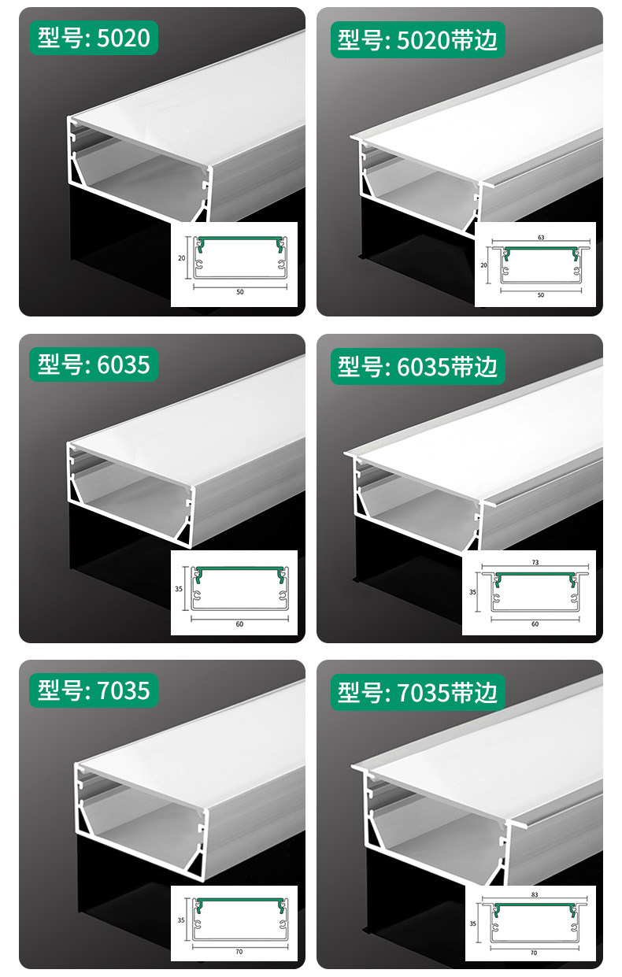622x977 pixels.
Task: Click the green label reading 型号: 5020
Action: pos(94,38)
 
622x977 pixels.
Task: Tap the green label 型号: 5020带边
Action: pos(418,39)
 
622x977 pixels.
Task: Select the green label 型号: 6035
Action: pos(94,365)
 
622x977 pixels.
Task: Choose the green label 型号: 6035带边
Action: pos(418,366)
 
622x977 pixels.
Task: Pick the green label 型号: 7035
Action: pos(94,690)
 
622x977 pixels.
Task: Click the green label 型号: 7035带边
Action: pos(418,692)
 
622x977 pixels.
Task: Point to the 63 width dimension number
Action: pos(541,238)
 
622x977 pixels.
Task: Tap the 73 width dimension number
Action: pos(535,562)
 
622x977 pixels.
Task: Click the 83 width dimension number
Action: pos(535,894)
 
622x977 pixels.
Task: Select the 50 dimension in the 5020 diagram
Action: pos(240,292)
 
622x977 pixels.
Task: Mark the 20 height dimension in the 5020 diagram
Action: pos(181,257)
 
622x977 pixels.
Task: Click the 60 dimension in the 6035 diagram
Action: pos(239,624)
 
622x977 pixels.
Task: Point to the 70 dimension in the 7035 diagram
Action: pos(239,952)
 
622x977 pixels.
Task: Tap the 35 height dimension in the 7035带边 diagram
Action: pos(473,923)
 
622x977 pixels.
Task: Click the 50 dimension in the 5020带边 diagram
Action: pos(541,295)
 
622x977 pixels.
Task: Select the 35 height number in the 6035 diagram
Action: pos(179,589)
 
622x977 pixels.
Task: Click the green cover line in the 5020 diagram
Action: pos(240,239)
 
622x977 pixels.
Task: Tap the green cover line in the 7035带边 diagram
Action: pos(535,905)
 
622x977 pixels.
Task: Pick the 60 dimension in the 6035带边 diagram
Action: pos(535,624)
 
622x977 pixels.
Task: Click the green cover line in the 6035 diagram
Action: pos(240,569)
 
